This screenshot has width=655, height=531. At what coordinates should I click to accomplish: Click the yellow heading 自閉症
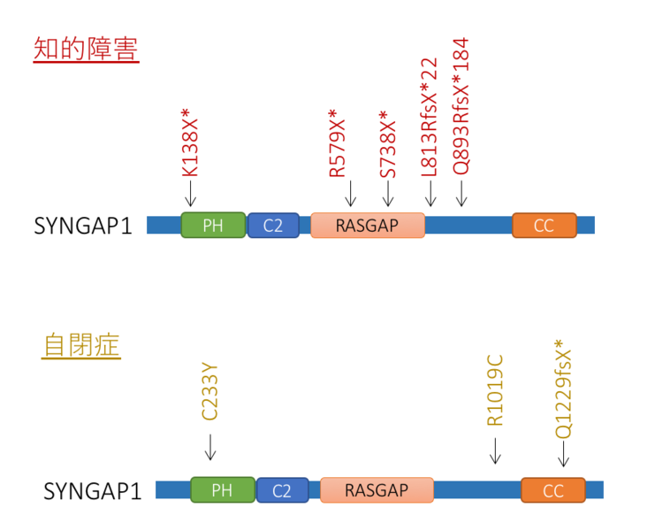tap(80, 345)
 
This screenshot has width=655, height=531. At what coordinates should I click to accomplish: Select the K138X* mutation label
tap(190, 143)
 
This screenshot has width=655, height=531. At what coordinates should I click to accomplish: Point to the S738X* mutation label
tap(388, 144)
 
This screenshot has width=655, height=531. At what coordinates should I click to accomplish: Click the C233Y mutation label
tap(209, 392)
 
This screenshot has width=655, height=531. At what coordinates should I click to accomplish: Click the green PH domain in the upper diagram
tap(213, 226)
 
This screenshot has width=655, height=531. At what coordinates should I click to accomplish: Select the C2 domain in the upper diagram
tap(274, 226)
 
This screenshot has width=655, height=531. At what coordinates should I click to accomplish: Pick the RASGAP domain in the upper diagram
tap(367, 226)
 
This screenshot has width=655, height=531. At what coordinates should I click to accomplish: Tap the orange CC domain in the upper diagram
tap(544, 226)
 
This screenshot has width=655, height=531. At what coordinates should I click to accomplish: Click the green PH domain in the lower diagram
tap(223, 490)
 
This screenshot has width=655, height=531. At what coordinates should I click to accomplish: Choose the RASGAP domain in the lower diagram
tap(377, 490)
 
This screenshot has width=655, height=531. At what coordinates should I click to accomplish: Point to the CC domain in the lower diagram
tap(553, 490)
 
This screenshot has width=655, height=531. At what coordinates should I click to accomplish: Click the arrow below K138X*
tap(190, 195)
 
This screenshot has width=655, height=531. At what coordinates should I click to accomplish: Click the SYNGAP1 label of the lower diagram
tap(92, 490)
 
